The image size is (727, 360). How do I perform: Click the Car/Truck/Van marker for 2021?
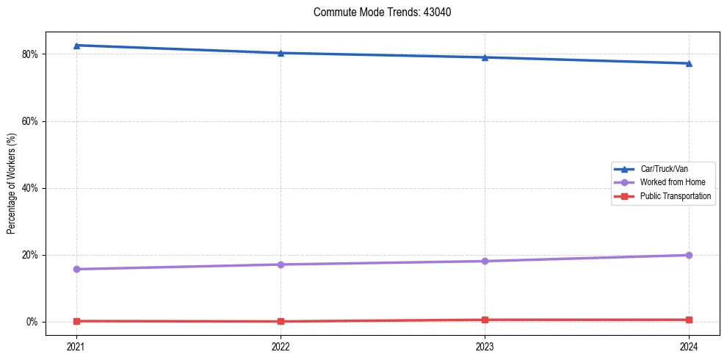point(76,46)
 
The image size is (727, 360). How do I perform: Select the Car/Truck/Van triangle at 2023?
point(485,57)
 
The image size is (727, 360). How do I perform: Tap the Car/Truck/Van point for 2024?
point(689,63)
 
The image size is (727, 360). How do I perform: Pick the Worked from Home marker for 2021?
point(76,269)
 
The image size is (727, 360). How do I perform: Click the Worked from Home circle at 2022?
point(281,264)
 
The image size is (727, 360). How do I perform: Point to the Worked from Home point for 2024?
point(689,255)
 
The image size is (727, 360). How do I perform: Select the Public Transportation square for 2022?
point(281,321)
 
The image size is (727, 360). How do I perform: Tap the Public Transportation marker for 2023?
point(485,320)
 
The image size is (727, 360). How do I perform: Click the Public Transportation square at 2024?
point(689,320)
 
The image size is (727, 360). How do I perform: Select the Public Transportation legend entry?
point(675,196)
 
